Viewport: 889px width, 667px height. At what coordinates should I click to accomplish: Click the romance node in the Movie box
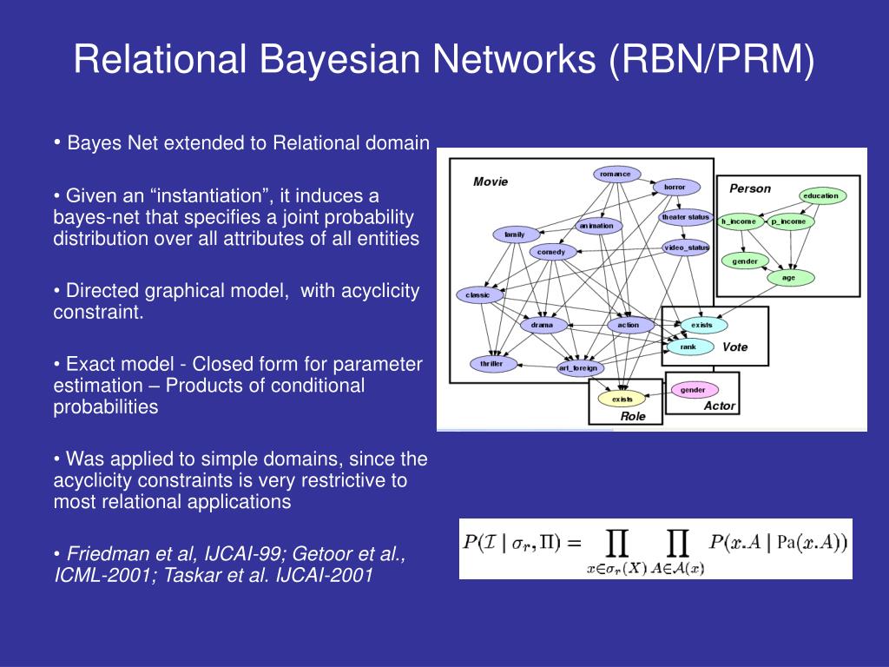[616, 174]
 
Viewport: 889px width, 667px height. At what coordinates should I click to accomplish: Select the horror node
[675, 187]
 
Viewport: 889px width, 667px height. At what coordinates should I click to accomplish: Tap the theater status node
[686, 217]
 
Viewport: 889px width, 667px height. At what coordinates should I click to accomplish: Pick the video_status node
[687, 248]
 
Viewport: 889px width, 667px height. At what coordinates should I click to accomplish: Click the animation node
[596, 226]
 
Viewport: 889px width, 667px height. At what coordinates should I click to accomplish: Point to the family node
[515, 234]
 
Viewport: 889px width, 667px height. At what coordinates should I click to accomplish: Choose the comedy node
[551, 253]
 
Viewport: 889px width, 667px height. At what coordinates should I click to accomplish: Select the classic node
[478, 295]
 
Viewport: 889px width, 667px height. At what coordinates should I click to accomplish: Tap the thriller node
[492, 364]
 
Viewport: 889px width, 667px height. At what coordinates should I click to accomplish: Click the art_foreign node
[579, 368]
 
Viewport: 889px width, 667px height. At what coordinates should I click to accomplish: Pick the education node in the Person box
[820, 196]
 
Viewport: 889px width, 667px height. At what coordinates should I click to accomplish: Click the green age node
[788, 278]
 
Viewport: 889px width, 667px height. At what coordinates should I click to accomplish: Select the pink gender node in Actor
[693, 390]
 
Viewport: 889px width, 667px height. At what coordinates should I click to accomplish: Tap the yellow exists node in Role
[622, 400]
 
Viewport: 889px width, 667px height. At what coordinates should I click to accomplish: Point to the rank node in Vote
[688, 347]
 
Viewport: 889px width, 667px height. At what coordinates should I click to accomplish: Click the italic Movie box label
[491, 182]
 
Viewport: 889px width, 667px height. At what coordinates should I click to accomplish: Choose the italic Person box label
[749, 188]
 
